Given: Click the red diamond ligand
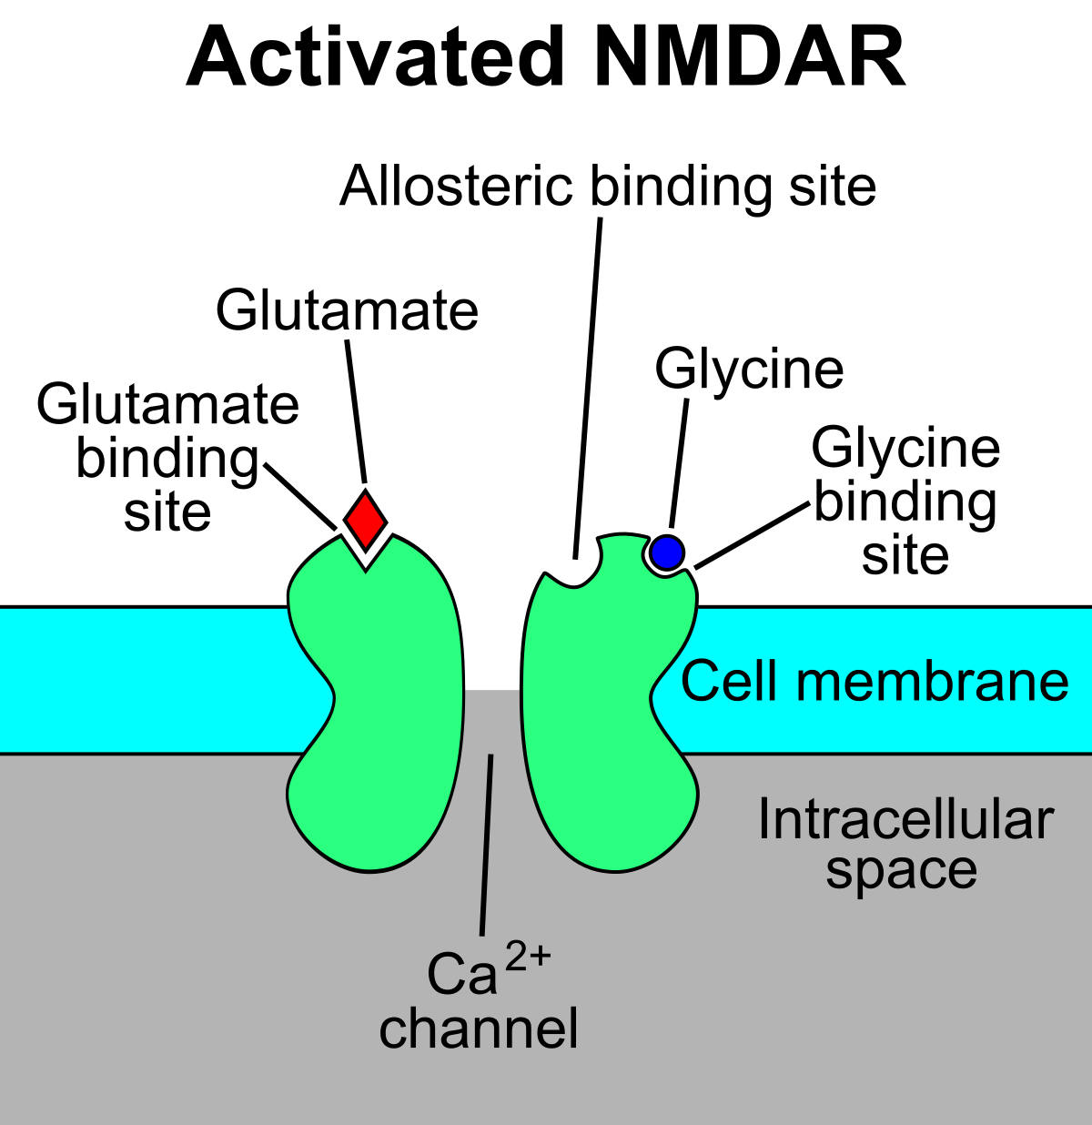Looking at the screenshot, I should click(x=366, y=521).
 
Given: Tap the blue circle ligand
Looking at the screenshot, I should click(x=667, y=552).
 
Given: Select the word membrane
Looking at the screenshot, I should click(x=932, y=682).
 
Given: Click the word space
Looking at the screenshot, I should click(x=901, y=871).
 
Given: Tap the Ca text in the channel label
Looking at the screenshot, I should click(x=462, y=974).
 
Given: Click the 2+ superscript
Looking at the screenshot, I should click(x=528, y=957).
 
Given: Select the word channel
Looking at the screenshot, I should click(x=479, y=1029).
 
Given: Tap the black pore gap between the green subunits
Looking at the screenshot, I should click(x=492, y=637).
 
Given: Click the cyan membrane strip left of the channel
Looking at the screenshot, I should click(x=136, y=681).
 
